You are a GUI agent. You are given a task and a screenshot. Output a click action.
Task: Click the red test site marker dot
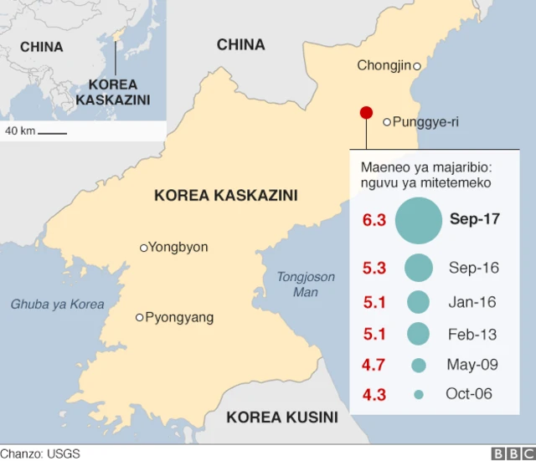366,113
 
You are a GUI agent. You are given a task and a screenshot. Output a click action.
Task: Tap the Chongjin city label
384,65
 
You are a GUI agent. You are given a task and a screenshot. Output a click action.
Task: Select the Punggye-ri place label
425,122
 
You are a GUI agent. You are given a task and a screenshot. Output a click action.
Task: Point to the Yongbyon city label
178,247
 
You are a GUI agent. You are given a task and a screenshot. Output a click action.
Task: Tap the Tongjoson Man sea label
306,284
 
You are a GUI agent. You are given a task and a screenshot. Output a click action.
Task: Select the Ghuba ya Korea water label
58,304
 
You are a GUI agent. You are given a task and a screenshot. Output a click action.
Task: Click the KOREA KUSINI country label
282,417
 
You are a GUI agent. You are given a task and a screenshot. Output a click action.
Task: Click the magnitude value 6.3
374,221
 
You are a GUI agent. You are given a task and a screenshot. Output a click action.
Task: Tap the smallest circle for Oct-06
418,394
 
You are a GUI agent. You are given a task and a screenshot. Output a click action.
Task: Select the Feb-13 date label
472,335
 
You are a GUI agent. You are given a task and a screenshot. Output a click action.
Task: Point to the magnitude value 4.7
374,366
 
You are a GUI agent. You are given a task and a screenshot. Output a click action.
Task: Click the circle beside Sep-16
418,268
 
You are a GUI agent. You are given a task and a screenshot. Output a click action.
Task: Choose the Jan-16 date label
472,301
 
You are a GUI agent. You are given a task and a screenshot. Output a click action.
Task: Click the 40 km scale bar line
52,132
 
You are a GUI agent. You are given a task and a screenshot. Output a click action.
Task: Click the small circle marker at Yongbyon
143,248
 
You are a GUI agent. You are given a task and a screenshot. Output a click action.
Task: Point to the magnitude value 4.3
374,394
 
